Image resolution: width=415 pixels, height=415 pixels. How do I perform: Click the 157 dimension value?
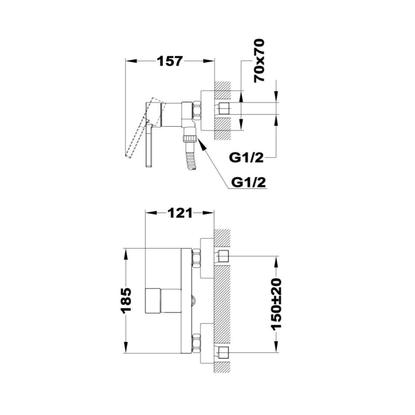pos(169,62)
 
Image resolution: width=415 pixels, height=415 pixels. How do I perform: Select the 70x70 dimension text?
pos(259,61)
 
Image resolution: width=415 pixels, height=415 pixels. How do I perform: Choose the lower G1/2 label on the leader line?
pos(249,182)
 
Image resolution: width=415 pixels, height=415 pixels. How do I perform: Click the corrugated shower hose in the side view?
pos(190,161)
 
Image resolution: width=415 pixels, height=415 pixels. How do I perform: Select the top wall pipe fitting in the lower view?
pos(223,256)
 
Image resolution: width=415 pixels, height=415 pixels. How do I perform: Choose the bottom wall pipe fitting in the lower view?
pos(223,352)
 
